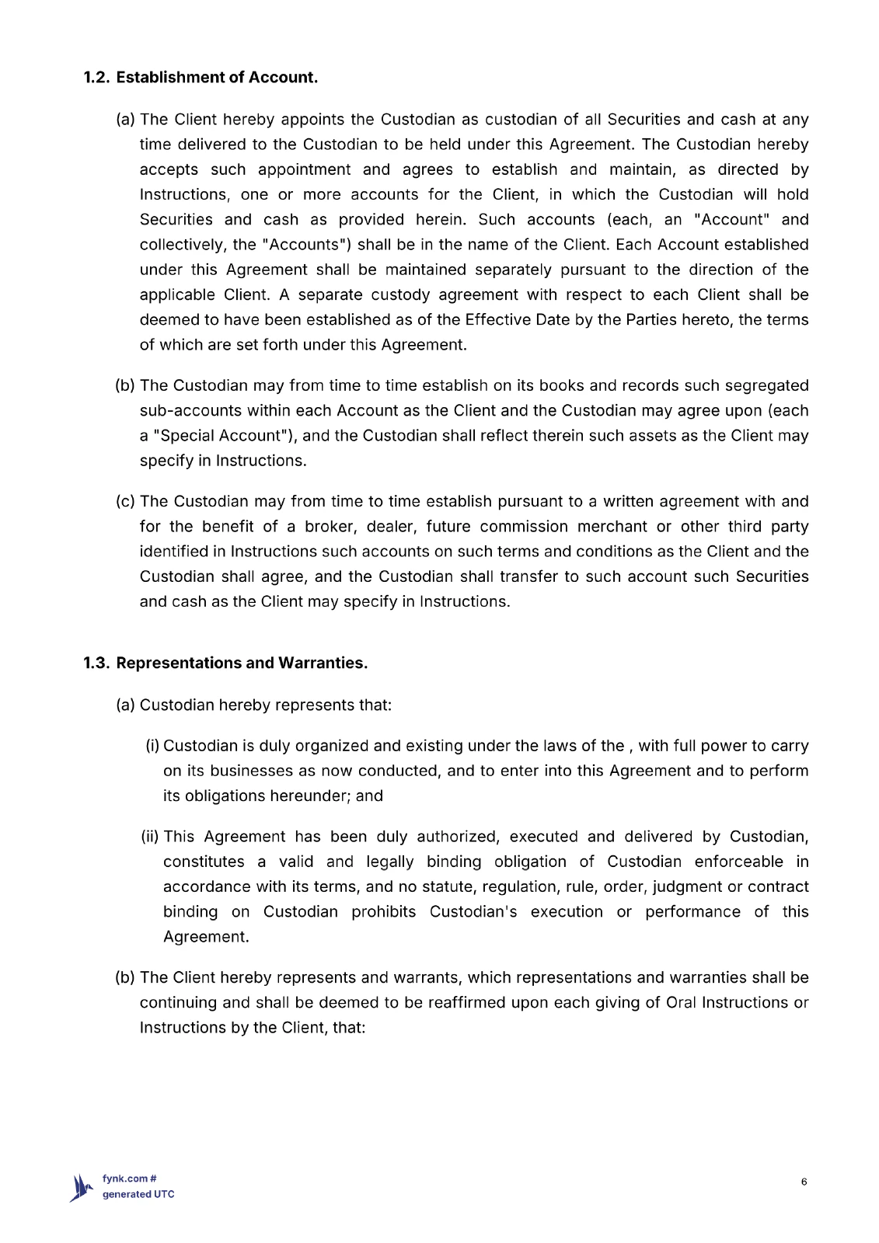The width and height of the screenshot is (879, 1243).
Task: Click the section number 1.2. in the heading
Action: click(x=98, y=78)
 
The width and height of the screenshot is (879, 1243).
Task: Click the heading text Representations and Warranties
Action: click(x=242, y=663)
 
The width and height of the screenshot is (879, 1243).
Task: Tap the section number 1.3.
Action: click(x=98, y=663)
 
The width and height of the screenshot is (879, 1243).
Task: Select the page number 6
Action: click(x=804, y=1182)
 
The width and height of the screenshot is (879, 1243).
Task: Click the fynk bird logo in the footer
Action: click(x=82, y=1188)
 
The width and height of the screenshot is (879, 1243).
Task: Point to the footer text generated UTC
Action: click(x=138, y=1195)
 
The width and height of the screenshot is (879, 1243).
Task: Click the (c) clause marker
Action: click(x=125, y=502)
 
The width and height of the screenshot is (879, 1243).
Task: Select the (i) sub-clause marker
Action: click(x=152, y=747)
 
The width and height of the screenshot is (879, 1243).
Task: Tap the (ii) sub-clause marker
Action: click(x=150, y=837)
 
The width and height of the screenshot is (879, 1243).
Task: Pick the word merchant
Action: click(x=612, y=527)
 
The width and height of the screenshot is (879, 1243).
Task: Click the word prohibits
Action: click(x=383, y=912)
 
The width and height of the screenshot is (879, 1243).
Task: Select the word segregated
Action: click(x=766, y=386)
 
